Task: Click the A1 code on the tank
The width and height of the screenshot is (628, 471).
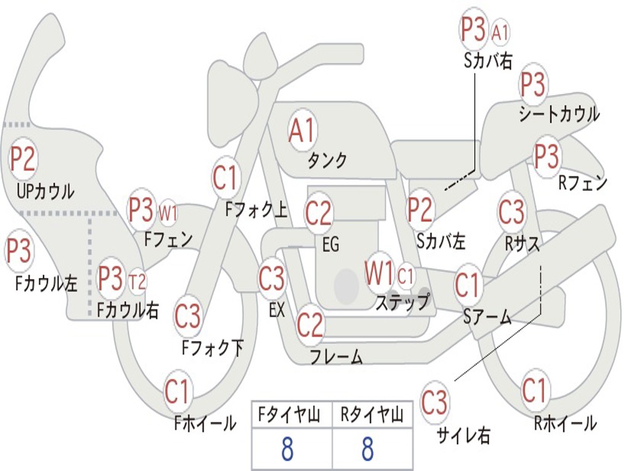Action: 302,130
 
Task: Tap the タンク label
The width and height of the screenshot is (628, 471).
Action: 327,160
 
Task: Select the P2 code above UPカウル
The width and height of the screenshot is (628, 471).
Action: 23,159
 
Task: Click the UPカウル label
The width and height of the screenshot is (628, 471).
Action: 45,191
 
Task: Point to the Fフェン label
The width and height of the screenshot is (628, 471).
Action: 168,240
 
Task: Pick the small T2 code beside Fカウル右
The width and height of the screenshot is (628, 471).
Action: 137,281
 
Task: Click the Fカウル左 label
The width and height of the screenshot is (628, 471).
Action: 46,283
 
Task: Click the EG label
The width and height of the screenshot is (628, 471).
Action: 331,244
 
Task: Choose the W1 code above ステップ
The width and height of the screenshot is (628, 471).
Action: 379,272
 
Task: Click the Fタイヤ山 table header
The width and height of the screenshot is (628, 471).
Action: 289,415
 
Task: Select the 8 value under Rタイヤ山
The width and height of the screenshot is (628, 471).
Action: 368,448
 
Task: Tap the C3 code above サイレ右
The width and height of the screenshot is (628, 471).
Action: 434,402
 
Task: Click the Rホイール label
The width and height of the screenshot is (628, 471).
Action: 565,423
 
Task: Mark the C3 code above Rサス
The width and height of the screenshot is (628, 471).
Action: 511,211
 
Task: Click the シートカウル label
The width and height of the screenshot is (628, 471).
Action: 559,113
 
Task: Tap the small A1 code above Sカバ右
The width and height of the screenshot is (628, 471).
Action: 500,33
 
